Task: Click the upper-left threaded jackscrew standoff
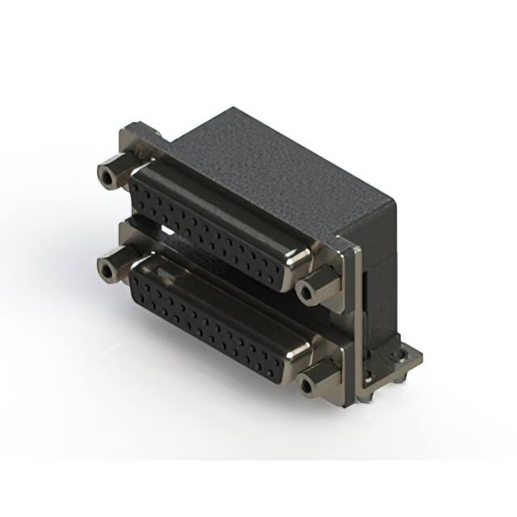point(111,174)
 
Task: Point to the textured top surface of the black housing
point(275,162)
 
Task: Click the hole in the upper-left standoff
point(104,174)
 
